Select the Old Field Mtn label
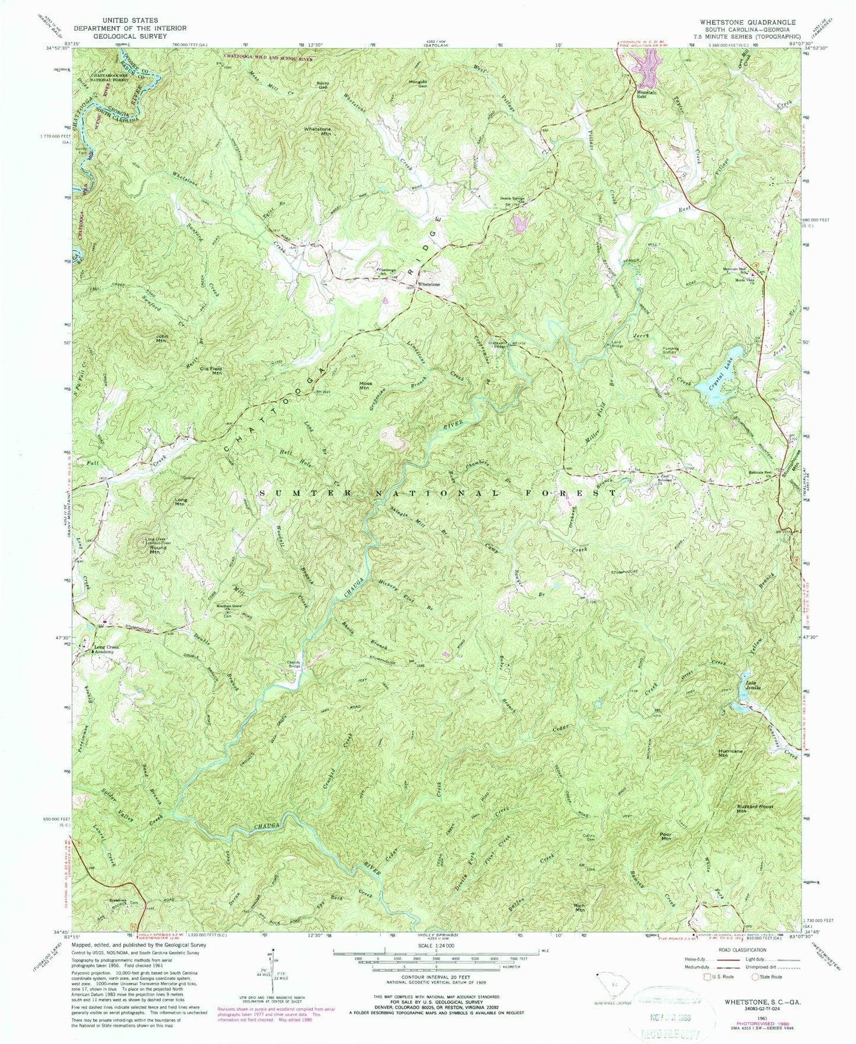(x=210, y=371)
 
